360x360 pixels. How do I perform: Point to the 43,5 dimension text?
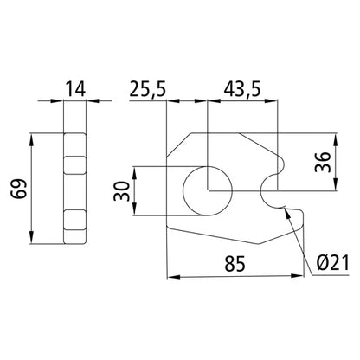tap(242, 88)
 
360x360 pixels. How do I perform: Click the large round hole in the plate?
tap(209, 188)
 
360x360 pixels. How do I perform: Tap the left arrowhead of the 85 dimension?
tap(170, 278)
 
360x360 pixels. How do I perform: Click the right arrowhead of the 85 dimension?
tap(305, 278)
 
